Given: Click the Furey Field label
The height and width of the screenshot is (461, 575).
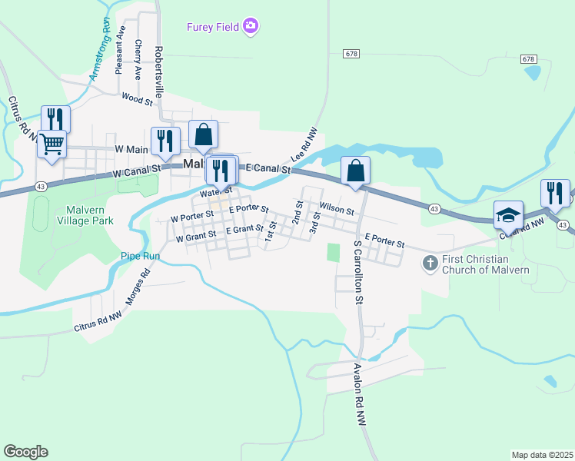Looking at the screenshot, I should point(213,28).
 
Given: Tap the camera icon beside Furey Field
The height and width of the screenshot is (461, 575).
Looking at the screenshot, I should point(250,28).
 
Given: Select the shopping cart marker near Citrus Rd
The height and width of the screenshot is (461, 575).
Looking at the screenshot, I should point(52,143).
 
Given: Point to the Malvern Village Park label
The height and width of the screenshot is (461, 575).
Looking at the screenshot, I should point(79,215).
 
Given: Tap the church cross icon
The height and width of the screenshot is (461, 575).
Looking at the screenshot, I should point(430,264).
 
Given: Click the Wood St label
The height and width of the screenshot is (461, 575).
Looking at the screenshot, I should point(138,97).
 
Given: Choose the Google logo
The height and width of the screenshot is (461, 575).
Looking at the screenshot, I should point(25,452).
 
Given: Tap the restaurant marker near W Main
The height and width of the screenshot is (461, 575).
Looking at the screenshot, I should point(165,141).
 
